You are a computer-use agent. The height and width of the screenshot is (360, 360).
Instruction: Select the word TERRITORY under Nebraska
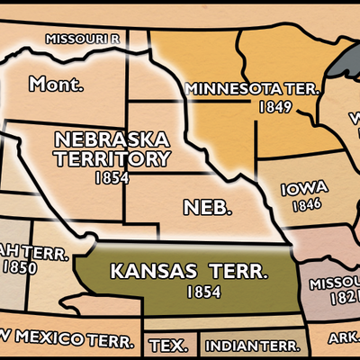[x=112, y=159]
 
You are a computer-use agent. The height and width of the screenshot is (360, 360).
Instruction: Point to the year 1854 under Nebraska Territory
[x=112, y=177]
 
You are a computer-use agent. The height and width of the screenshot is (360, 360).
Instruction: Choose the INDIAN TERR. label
[x=247, y=346]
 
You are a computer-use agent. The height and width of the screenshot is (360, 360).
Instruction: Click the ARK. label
[x=342, y=339]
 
